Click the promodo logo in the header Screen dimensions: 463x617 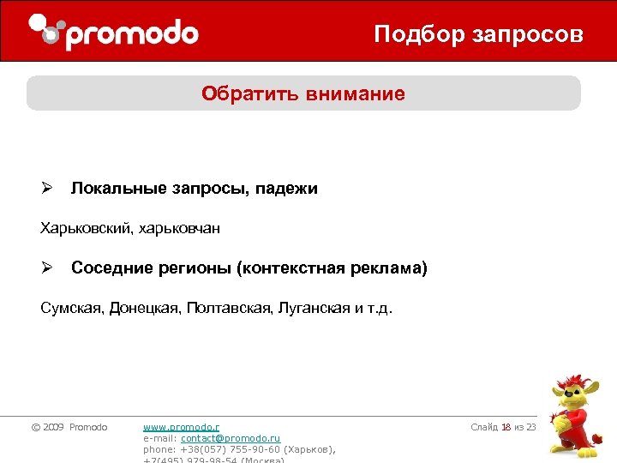[113, 33]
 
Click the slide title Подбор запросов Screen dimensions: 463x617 [478, 34]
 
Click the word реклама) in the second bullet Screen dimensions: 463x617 [388, 268]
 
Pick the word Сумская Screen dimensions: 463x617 [71, 309]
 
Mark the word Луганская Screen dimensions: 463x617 [310, 309]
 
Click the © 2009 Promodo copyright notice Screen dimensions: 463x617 [69, 427]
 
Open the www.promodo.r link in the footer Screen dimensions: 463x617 [181, 427]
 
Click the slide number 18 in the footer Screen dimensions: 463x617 [506, 427]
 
